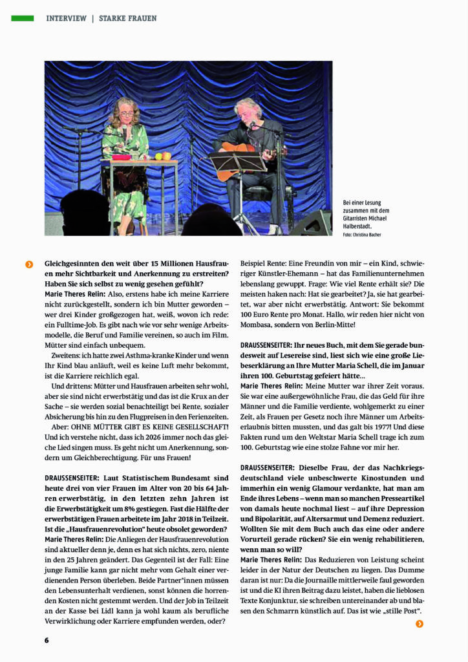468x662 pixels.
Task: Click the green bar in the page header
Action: pos(22,18)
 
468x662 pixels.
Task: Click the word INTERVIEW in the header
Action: pos(66,18)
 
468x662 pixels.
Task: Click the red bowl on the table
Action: pos(121,156)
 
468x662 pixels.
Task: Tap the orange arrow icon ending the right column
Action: pos(420,623)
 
